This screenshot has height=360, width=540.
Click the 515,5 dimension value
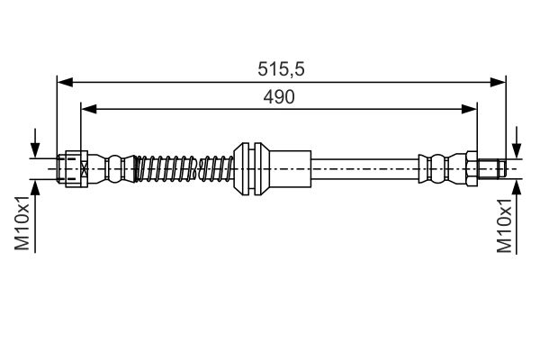pos(279,68)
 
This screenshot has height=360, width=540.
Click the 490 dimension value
pos(279,96)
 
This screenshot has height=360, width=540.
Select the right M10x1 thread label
pos(505,229)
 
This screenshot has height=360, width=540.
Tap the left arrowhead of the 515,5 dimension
pos(63,81)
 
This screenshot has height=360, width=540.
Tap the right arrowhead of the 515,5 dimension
pos(499,81)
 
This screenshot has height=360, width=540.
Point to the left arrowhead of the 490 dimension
pos(87,109)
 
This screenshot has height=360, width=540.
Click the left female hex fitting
pos(72,166)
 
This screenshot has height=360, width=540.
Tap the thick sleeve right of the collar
pos(288,166)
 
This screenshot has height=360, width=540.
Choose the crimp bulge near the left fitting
pos(114,166)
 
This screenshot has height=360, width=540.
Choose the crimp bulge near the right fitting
pos(438,166)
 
